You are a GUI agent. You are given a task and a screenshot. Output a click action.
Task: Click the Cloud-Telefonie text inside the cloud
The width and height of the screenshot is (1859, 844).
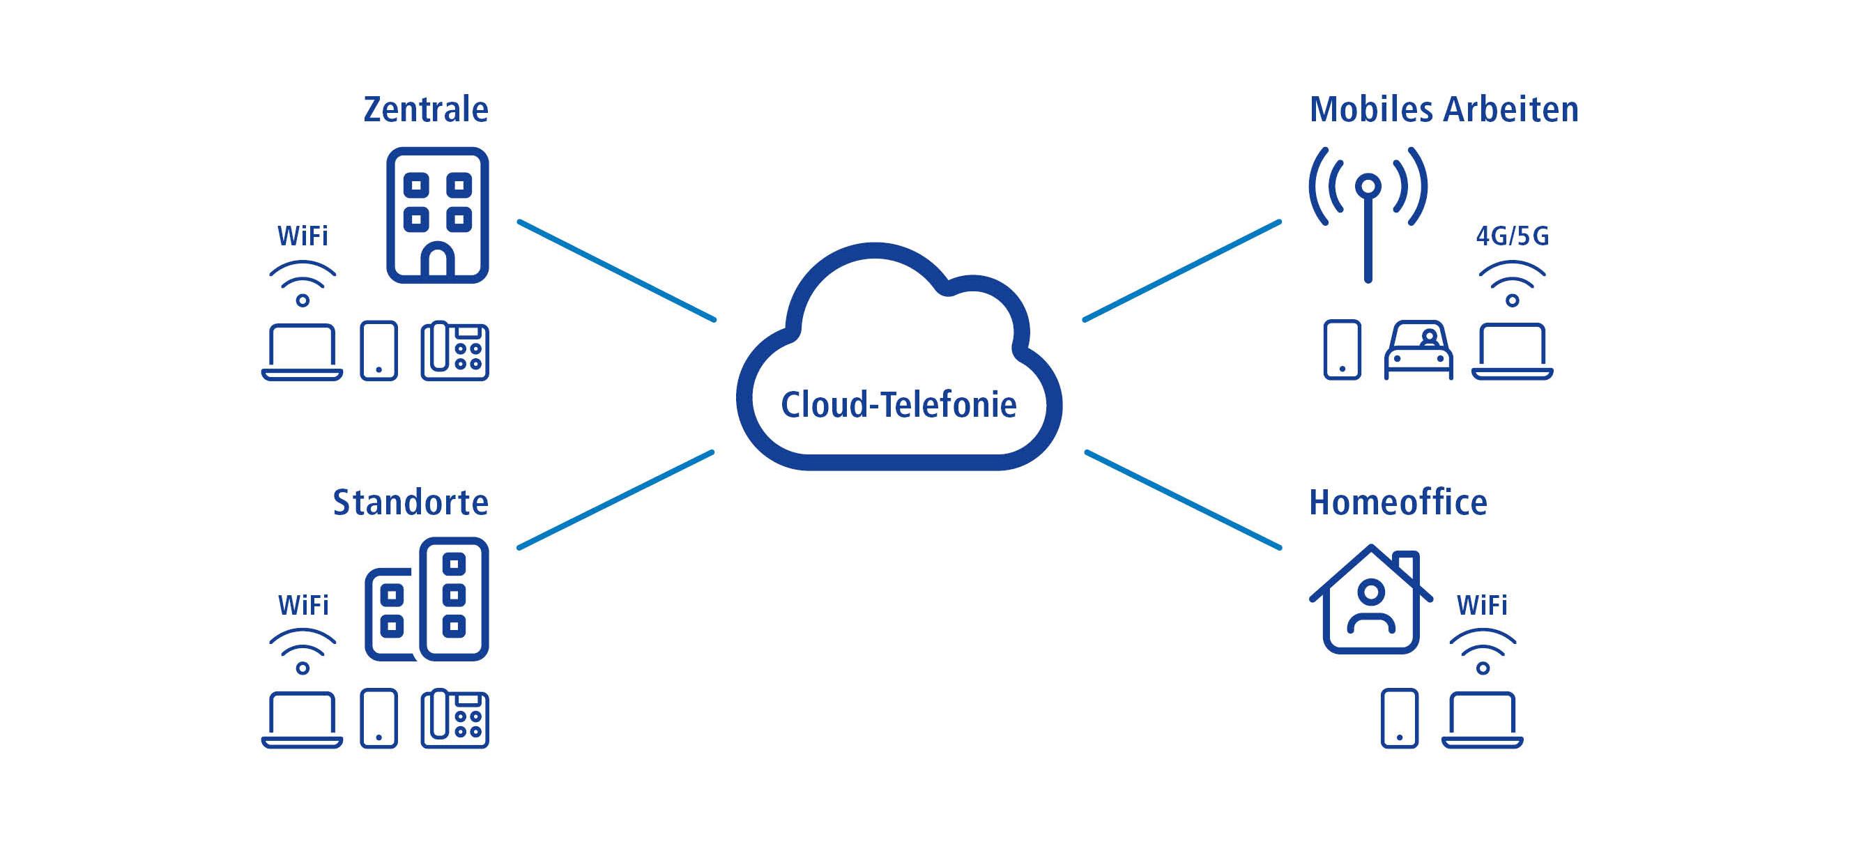point(898,405)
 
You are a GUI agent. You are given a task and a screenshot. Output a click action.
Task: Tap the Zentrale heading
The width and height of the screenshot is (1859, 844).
point(426,109)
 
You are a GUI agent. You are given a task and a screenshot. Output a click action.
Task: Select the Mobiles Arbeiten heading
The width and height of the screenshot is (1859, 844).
point(1444,109)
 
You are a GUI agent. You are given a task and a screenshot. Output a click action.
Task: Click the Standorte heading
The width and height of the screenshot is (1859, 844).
point(410,502)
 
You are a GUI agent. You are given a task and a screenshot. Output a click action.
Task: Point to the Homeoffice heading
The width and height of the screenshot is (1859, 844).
point(1398,502)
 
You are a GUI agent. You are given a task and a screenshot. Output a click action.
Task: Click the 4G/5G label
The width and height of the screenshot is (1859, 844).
point(1512,236)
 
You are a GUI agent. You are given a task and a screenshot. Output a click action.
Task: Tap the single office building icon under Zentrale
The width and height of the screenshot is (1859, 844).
point(437,215)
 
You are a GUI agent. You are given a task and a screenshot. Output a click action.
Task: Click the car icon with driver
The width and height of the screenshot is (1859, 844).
point(1418,350)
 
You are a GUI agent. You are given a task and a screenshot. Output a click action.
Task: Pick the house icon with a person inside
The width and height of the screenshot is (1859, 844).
point(1370,600)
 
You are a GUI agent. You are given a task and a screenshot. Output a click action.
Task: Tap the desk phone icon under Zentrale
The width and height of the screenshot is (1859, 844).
point(454,351)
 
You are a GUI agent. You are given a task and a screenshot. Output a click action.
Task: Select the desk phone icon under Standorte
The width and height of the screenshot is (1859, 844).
point(454,719)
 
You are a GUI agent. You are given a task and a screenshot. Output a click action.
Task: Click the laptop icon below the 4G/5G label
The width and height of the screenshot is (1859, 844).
point(1512,351)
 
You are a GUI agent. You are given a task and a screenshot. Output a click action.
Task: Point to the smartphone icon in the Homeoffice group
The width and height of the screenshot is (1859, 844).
point(1399,719)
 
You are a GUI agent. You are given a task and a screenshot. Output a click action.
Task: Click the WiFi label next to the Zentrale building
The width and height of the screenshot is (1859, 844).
point(303,236)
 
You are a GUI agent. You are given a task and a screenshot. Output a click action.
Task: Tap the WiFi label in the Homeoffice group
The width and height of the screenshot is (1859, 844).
point(1482,604)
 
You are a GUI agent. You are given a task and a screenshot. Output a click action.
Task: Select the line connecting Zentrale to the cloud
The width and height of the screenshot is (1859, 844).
point(617,270)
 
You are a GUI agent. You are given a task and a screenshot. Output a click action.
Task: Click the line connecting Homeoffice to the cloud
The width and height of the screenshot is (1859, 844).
point(1184,500)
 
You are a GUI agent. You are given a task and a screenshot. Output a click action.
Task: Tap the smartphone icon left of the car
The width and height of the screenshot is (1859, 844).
point(1342,350)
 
